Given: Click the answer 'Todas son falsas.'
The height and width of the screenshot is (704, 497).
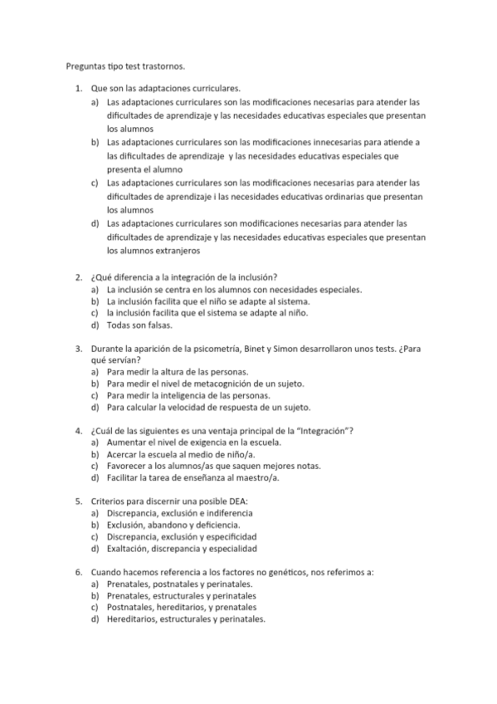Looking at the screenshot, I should pyautogui.click(x=139, y=325).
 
